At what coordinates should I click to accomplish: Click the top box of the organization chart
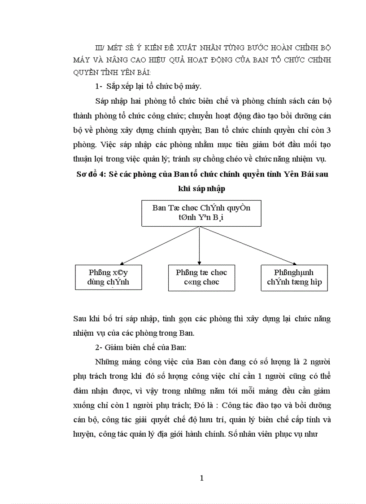coord(201,213)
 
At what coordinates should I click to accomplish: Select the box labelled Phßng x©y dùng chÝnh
coord(108,277)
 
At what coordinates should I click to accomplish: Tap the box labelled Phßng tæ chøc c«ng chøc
coord(201,277)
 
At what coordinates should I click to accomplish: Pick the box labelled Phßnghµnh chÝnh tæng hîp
coord(294,277)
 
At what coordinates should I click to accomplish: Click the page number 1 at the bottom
coord(202,478)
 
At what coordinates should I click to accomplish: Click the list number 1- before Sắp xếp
coord(99,87)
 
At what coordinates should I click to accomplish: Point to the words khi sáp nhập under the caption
coord(201,189)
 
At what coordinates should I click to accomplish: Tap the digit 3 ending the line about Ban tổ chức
coord(329,131)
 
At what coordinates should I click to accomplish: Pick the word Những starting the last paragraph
coord(106,362)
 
